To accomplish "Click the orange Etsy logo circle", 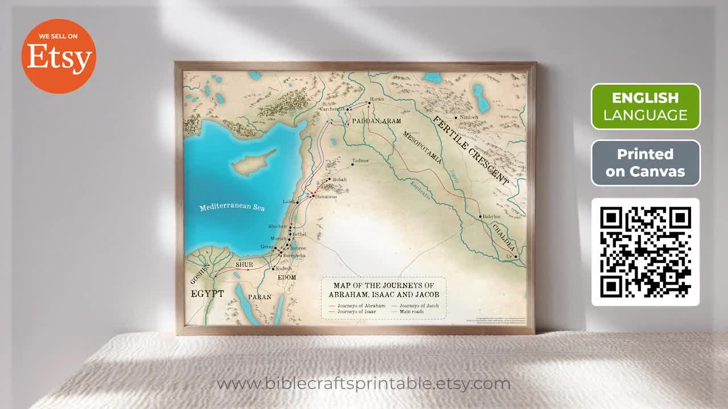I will click(59, 56).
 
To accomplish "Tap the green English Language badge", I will click(646, 107).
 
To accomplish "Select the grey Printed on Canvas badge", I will click(646, 163).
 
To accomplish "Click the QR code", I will click(646, 252).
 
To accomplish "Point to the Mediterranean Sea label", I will click(232, 207).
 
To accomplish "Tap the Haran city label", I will click(377, 99).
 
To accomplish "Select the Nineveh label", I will click(469, 118).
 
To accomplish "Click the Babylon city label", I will click(491, 216).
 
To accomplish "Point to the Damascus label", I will click(326, 197).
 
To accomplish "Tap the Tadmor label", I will click(361, 161).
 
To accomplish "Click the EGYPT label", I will click(207, 294).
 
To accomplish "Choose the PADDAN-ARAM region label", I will click(377, 121).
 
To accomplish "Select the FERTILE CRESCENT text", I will click(470, 149).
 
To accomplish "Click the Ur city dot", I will click(516, 257).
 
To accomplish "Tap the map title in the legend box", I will click(383, 289).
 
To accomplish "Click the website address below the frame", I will click(363, 383).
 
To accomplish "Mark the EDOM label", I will click(287, 277).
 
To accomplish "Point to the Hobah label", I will click(339, 180).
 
